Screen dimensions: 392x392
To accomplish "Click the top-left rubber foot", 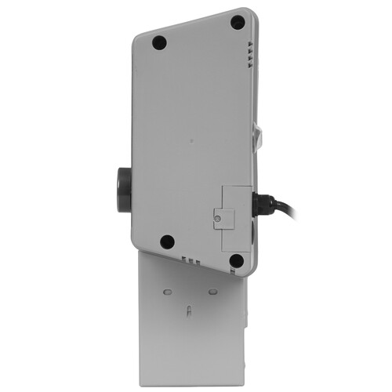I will click(159, 43).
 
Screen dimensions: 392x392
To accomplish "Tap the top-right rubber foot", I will click(237, 22).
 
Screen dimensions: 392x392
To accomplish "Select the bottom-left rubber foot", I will click(167, 241).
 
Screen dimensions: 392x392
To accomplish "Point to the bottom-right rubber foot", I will click(236, 260).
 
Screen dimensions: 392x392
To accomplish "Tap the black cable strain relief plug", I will click(263, 205).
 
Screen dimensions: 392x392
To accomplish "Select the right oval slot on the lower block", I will click(212, 291).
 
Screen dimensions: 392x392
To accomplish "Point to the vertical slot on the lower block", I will click(189, 311).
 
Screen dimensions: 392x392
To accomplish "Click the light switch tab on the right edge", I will click(259, 138).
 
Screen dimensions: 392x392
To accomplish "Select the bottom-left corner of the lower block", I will click(140, 374).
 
